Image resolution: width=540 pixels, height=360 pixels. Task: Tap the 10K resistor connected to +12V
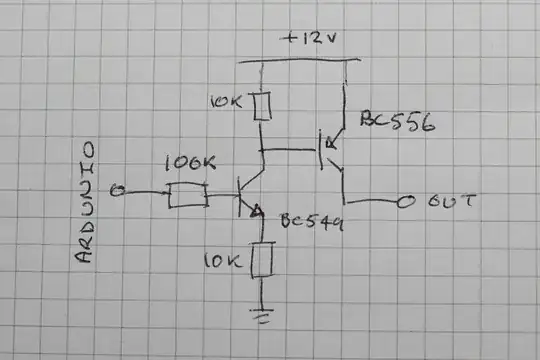[x=262, y=106]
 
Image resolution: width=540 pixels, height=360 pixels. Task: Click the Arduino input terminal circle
[x=117, y=191]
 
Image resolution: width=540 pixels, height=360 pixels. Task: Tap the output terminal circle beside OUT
[x=405, y=203]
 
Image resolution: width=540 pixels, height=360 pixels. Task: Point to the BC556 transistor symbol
[x=330, y=150]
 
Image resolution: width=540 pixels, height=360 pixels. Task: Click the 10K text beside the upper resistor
[x=226, y=102]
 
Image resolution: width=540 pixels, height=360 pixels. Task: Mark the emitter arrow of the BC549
[x=257, y=211]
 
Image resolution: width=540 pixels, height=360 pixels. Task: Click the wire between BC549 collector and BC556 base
[x=290, y=150]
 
